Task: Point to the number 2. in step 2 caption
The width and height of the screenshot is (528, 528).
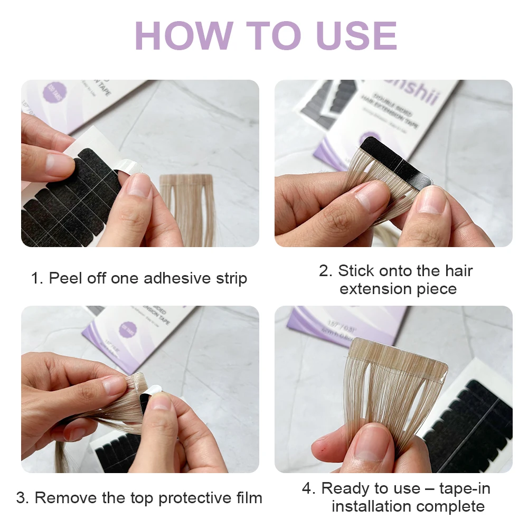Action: click(325, 271)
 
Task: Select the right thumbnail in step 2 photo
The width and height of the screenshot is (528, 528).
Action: click(430, 201)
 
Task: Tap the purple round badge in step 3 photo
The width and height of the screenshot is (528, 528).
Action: click(128, 330)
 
